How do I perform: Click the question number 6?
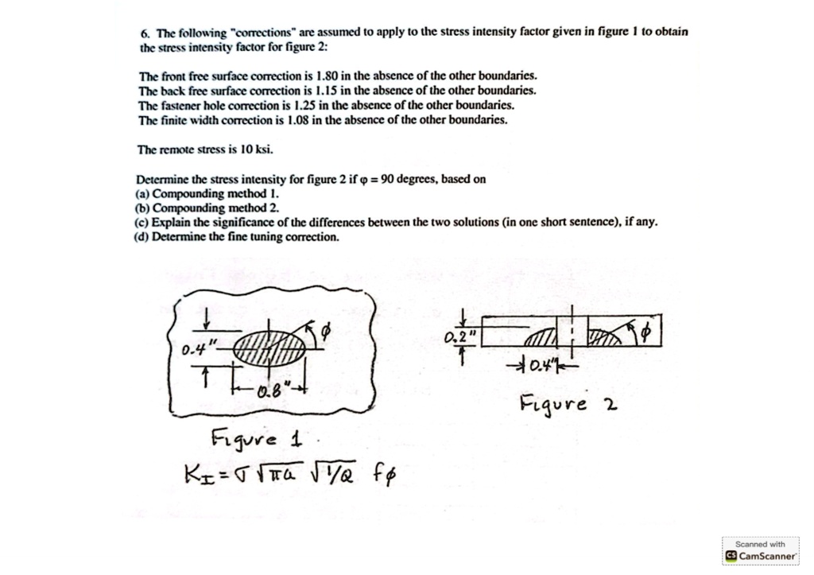[x=144, y=33]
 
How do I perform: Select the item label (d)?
[x=142, y=236]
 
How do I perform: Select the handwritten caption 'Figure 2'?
[x=568, y=405]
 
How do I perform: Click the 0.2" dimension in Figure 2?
[x=460, y=337]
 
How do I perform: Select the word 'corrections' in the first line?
[x=265, y=33]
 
